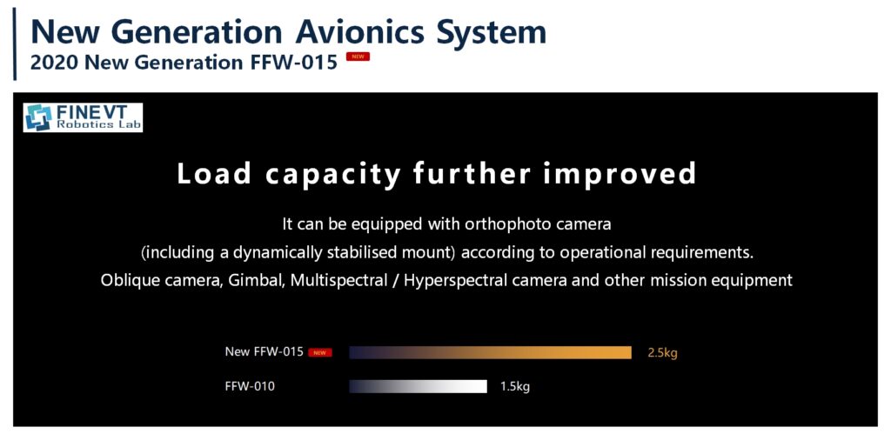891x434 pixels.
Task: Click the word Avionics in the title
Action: point(359,32)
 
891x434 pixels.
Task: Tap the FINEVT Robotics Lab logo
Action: point(83,117)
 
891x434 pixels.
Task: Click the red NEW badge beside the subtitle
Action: point(358,57)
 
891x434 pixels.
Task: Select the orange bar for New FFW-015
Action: point(491,353)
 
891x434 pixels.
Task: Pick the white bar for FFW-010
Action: point(419,386)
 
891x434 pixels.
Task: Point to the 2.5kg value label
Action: point(662,353)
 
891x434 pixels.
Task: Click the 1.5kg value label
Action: point(515,387)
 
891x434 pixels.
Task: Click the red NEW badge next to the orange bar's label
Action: point(320,353)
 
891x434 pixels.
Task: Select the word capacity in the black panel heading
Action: point(333,174)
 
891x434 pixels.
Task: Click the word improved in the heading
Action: point(620,175)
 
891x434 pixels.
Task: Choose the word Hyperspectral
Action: point(452,281)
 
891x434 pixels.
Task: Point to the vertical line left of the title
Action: point(15,44)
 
